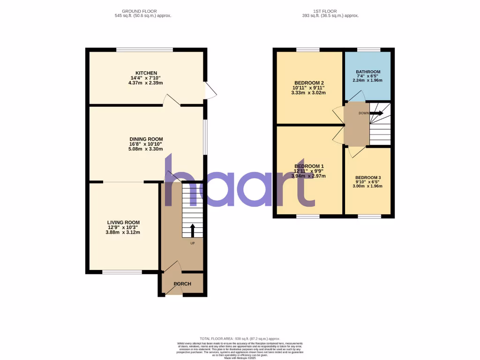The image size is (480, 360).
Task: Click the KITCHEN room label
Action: coord(146,73)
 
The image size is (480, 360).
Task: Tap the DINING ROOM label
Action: coord(146,139)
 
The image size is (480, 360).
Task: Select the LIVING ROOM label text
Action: coord(123,222)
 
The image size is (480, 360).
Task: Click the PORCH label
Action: coord(182,284)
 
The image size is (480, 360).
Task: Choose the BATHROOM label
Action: coord(367,72)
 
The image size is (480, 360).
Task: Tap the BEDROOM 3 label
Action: coord(367,177)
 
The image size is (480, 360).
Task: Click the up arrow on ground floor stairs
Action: coord(192,231)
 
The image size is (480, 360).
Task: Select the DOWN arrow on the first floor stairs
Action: coord(376,113)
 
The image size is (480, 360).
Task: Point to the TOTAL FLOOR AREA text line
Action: coord(240,338)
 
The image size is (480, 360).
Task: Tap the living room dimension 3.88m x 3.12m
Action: coord(123,232)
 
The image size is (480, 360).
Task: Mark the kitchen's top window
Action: coord(144,49)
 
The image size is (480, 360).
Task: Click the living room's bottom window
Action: coord(122,272)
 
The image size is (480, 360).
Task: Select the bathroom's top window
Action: coord(368,49)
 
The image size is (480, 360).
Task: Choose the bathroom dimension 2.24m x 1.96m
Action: coord(367,80)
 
